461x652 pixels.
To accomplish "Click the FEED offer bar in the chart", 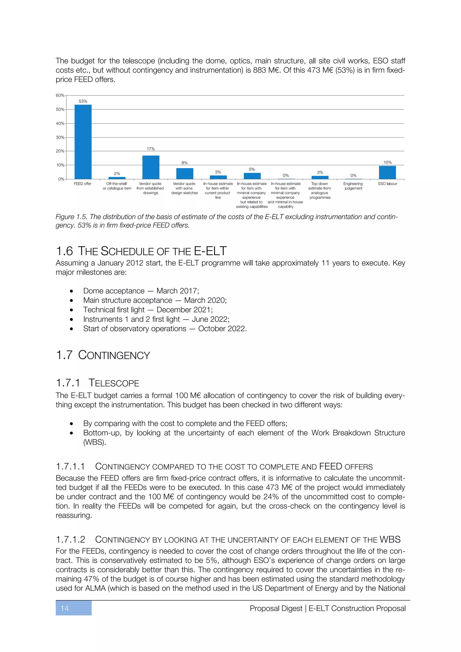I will pos(83,142).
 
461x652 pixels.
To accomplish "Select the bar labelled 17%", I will pos(151,167).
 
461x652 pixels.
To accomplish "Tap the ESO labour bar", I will pos(387,172).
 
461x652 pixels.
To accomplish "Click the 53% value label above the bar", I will pos(83,101).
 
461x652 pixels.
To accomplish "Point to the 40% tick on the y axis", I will pos(60,124).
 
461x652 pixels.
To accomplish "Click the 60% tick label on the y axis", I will pos(60,95).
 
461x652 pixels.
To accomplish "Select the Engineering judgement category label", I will pos(353,186).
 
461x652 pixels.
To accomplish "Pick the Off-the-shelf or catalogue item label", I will pos(117,186).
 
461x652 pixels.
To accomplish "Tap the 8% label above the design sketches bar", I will pos(185,163).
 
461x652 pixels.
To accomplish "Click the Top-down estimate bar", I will pos(320,177).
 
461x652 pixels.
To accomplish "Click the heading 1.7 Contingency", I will pos(103,355).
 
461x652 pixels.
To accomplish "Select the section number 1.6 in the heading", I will pos(64,251).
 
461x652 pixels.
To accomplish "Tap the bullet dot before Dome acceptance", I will pos(72,291).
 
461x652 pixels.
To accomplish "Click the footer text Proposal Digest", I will pos(276,608).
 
